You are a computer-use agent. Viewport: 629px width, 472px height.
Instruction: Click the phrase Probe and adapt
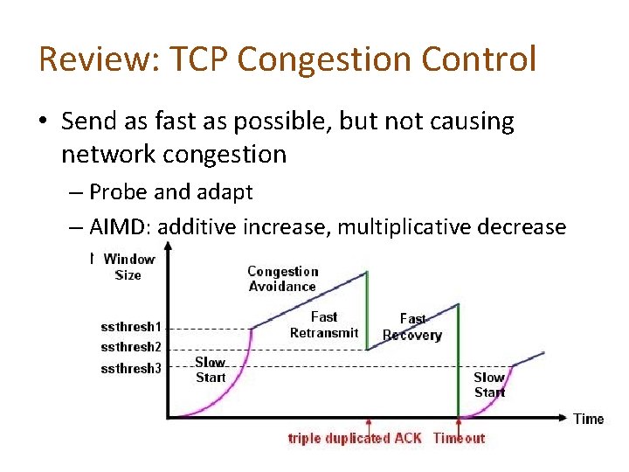point(171,191)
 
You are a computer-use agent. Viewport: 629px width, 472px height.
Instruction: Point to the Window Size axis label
point(128,267)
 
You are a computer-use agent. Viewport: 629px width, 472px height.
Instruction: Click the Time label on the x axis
point(588,419)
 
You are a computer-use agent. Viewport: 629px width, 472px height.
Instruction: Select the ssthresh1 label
point(131,327)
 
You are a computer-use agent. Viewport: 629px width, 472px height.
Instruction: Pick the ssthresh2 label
point(131,347)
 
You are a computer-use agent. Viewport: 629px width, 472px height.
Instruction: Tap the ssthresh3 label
point(131,368)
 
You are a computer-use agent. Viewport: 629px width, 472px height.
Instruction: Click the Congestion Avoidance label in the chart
point(282,279)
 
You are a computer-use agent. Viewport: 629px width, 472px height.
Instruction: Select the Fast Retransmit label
point(324,324)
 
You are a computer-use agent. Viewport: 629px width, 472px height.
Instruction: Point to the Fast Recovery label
point(412,327)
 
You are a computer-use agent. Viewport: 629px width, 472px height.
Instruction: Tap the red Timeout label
point(459,438)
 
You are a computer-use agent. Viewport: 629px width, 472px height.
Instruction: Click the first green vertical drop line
point(367,310)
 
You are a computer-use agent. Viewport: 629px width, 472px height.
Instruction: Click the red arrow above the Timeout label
point(459,424)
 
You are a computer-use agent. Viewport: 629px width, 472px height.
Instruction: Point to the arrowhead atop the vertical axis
point(169,247)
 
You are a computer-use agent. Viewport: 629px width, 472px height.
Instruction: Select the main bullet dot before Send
point(45,122)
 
